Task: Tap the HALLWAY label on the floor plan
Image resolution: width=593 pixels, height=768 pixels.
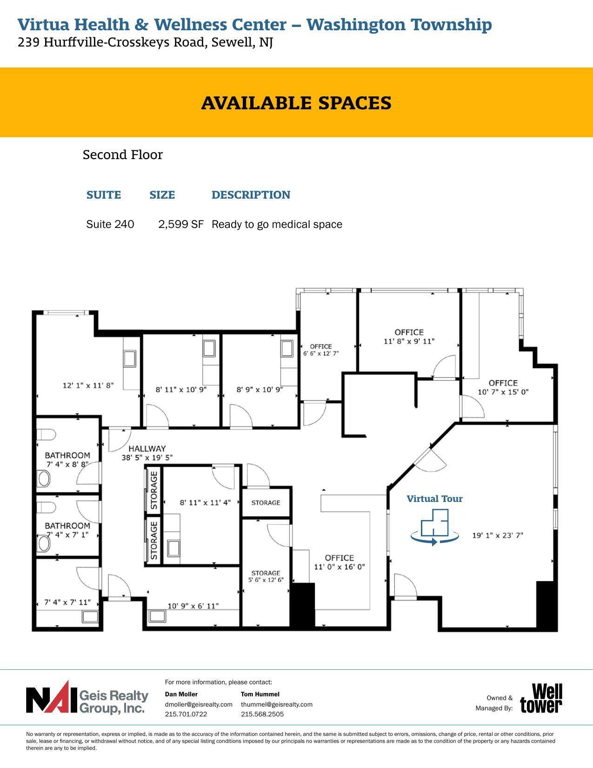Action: point(147,448)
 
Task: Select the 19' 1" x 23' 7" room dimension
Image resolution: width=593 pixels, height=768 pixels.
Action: point(498,535)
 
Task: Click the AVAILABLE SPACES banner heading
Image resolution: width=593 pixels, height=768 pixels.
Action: point(296,103)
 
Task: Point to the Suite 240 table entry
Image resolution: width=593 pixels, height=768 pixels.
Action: point(110,224)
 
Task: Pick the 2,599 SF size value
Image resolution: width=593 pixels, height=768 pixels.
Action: point(181,224)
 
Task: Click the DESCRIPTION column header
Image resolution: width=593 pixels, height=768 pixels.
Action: point(251,195)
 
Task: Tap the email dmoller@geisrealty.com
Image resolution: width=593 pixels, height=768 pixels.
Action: point(199,704)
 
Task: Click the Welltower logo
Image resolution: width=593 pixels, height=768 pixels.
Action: point(541,698)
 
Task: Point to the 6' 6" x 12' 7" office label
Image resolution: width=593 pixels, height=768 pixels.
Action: point(321,350)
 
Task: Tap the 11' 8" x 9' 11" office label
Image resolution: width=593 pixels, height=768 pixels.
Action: point(409,337)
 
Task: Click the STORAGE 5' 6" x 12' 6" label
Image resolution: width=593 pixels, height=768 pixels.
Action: point(266,576)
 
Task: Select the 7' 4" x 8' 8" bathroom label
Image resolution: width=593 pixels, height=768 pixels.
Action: point(67,460)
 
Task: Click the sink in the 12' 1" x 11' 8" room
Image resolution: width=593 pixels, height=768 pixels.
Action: point(129,359)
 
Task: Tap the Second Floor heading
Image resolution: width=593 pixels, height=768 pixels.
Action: point(123,155)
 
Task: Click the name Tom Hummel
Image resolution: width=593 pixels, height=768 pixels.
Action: point(260,694)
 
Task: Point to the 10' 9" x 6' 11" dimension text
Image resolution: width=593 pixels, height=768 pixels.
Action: point(193,606)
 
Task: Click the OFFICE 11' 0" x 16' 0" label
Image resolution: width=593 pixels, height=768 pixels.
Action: point(340,562)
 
